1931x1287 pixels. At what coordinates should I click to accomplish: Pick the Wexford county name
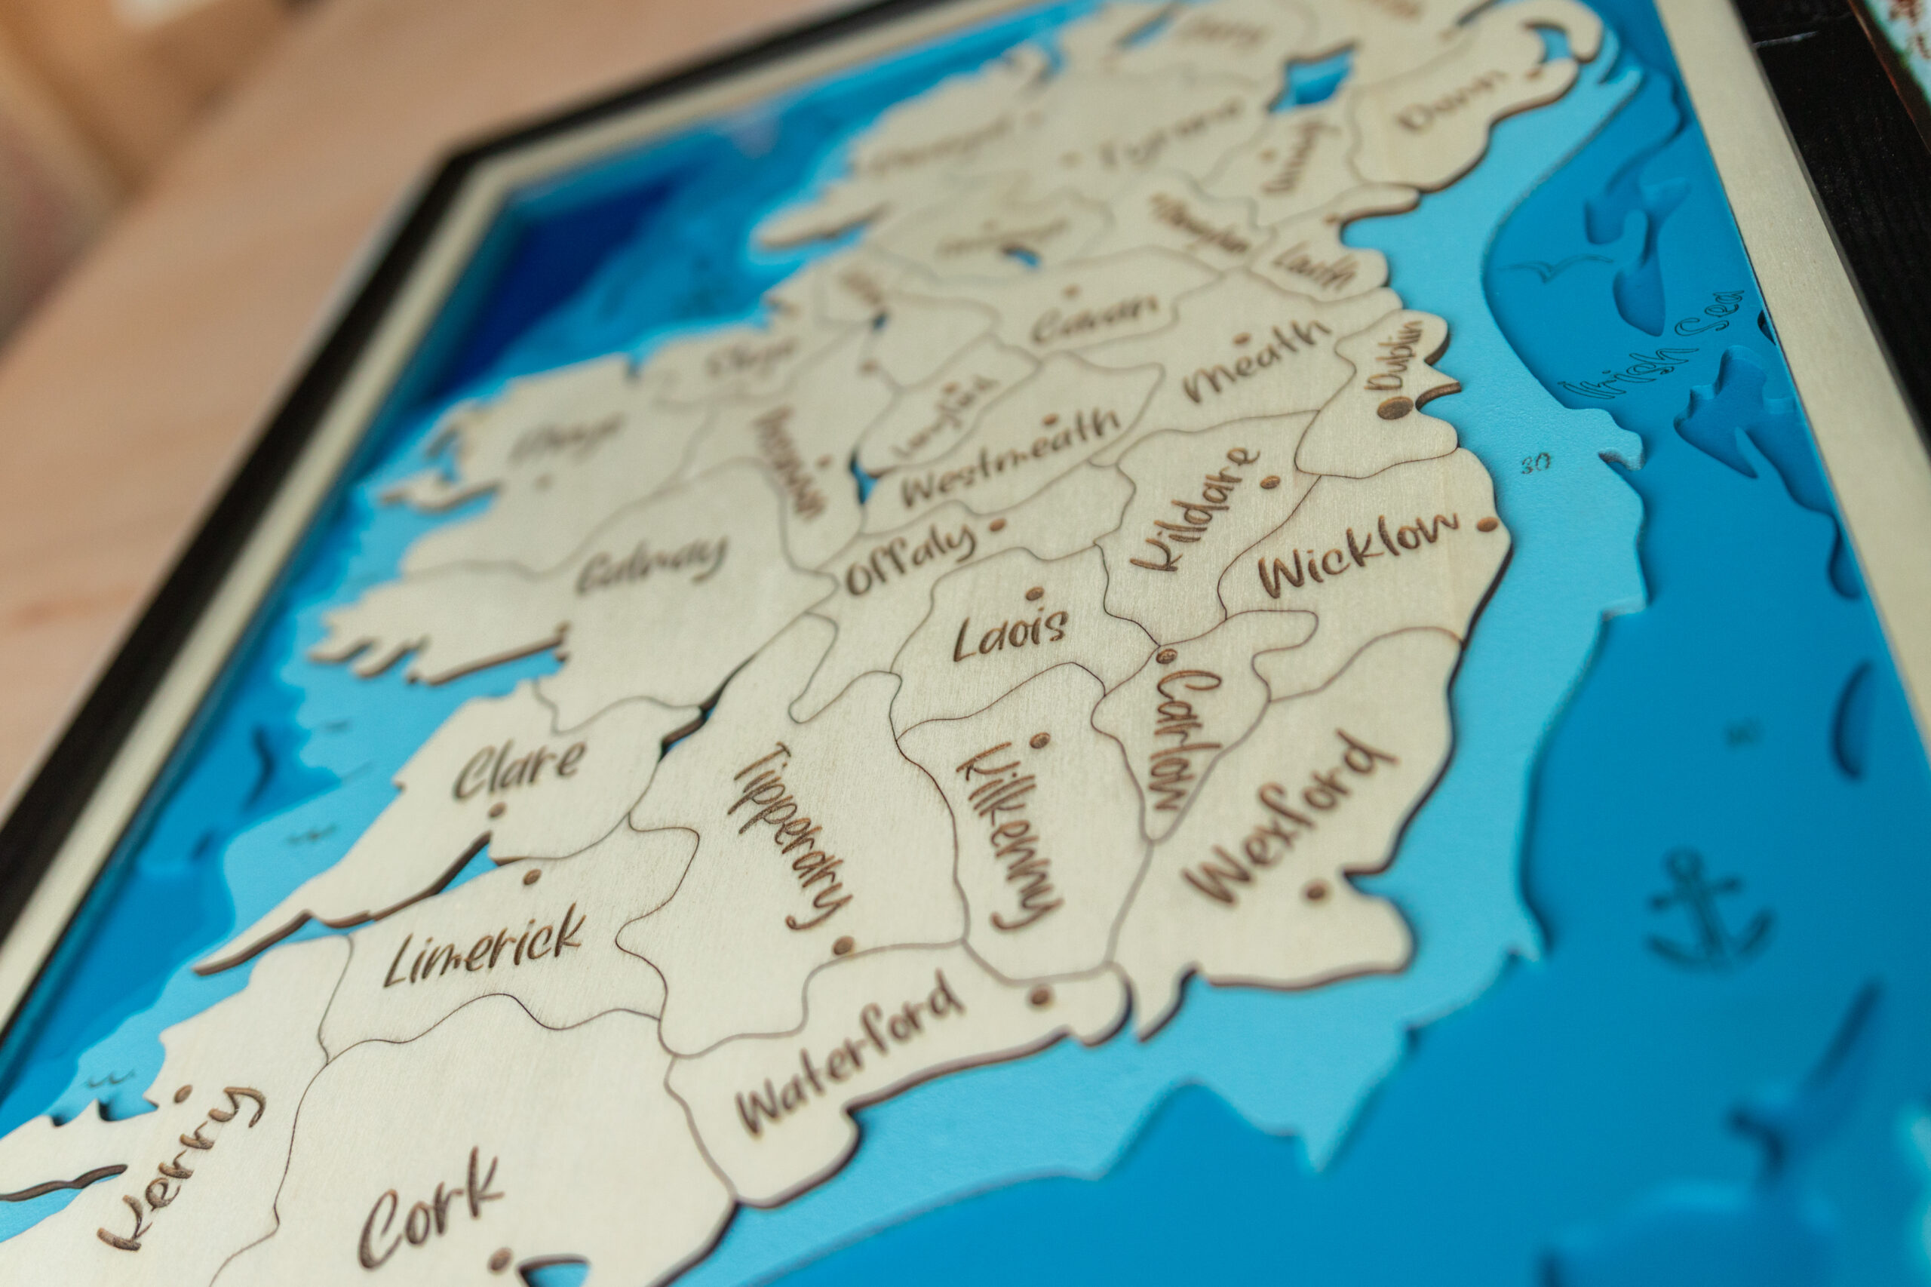[x=1288, y=818]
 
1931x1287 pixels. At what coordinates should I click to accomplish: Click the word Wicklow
[x=1358, y=554]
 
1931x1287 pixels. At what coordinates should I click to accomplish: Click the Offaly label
[x=911, y=559]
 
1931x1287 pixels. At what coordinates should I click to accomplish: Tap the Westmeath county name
[x=1009, y=456]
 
